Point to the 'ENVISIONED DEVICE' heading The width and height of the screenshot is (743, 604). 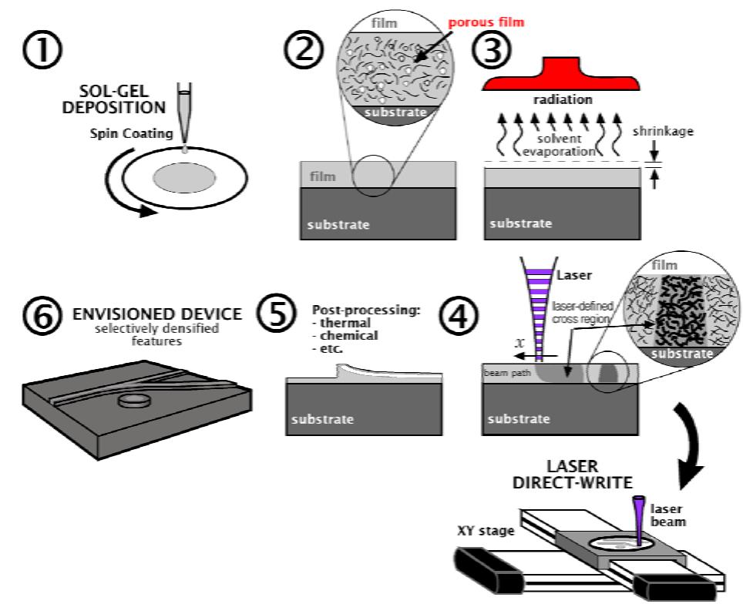[157, 314]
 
